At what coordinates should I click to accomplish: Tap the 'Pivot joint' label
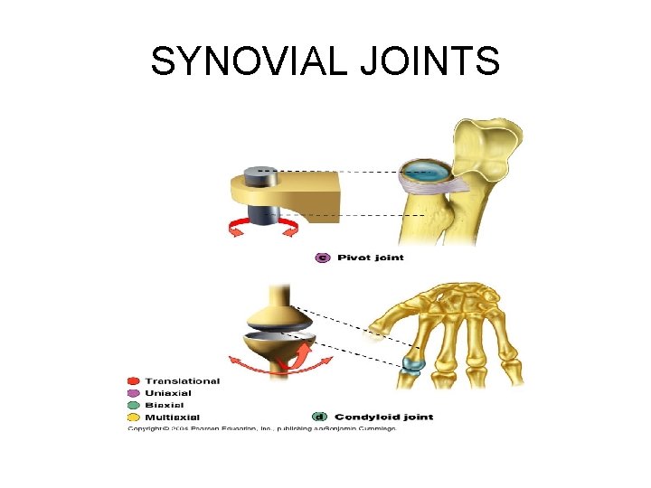[371, 258]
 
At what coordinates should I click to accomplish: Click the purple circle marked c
[323, 258]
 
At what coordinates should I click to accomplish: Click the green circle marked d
[319, 417]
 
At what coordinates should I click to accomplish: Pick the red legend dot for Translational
[134, 381]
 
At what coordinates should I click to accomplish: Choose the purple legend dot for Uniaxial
[134, 393]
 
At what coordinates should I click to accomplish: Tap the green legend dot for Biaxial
[134, 405]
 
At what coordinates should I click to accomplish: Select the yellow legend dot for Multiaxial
[134, 417]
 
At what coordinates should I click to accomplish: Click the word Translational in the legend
[182, 381]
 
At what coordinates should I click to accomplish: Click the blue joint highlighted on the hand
[413, 363]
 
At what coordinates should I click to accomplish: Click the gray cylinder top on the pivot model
[262, 170]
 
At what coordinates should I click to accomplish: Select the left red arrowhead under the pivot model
[233, 233]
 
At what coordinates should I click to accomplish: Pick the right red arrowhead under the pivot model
[291, 232]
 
